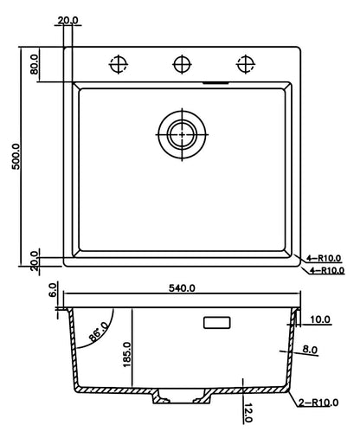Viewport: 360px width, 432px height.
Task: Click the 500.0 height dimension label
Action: pyautogui.click(x=16, y=156)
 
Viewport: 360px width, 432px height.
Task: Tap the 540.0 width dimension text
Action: pyautogui.click(x=182, y=288)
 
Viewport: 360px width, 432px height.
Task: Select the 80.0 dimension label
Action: pyautogui.click(x=35, y=64)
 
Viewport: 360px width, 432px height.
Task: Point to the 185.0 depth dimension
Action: pyautogui.click(x=127, y=355)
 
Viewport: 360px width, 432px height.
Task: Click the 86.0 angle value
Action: pyautogui.click(x=98, y=332)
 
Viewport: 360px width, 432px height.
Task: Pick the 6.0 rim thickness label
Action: pyautogui.click(x=53, y=290)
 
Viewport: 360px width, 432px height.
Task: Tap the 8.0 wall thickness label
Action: pyautogui.click(x=310, y=350)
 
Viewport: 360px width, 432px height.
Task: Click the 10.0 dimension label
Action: pyautogui.click(x=320, y=319)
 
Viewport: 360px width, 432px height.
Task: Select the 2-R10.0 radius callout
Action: pyautogui.click(x=318, y=403)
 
